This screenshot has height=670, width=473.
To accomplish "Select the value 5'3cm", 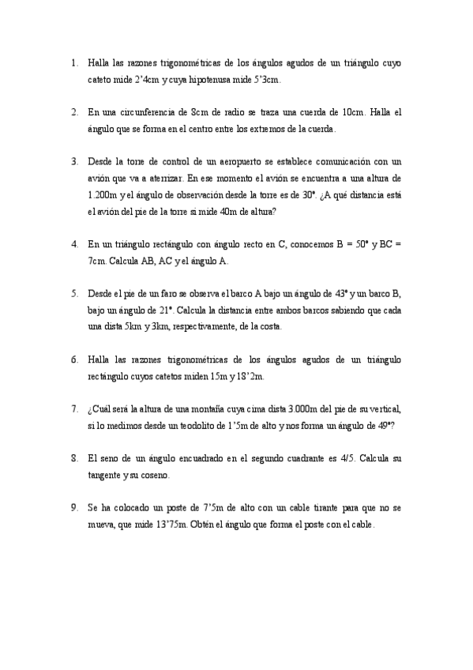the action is coord(265,80).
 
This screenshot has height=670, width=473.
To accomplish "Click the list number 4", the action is coord(74,244).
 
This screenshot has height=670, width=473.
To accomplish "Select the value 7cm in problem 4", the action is coord(98,261).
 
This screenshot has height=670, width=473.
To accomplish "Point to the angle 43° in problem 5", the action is coord(336,294).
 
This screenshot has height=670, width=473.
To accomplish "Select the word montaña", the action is coord(225,409).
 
